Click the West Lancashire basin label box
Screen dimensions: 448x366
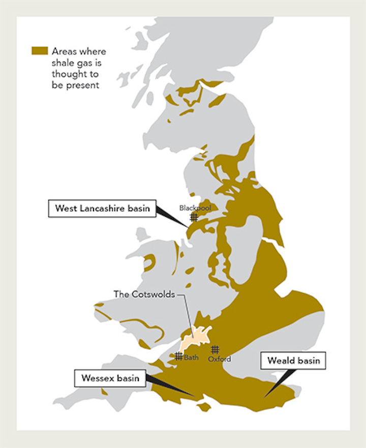coord(102,208)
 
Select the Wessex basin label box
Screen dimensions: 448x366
coord(109,378)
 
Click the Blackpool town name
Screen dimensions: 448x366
coord(195,208)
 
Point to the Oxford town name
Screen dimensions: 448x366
coord(220,359)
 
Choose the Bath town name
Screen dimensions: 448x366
coord(192,358)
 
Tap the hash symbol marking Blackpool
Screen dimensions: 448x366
coord(194,217)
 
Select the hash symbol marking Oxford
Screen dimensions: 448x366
coord(215,349)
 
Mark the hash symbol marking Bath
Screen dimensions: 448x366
coord(178,357)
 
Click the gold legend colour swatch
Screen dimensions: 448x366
coord(40,51)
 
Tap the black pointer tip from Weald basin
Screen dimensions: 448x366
coord(264,397)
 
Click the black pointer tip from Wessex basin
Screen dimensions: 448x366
coord(194,396)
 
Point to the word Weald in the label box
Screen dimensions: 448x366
coord(280,361)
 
